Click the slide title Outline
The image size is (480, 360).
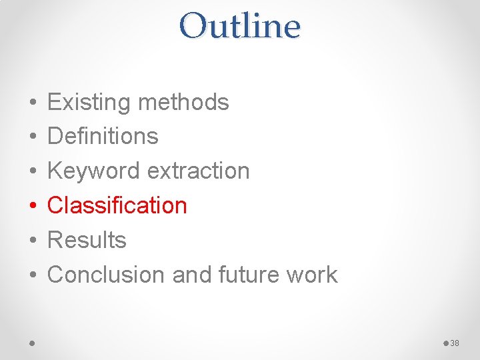pos(240,27)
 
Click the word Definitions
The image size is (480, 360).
pos(103,137)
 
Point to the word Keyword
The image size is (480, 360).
pos(94,171)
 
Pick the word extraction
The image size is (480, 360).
pos(198,171)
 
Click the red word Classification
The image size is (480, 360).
pos(117,205)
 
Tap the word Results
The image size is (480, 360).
pos(87,240)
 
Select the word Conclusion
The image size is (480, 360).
pos(107,275)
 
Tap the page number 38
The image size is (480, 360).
pos(455,343)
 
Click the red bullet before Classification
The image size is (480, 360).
pos(33,206)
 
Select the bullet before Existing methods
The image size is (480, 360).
pos(33,103)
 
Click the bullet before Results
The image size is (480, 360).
pos(33,241)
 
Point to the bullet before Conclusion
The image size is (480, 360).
pos(33,275)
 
